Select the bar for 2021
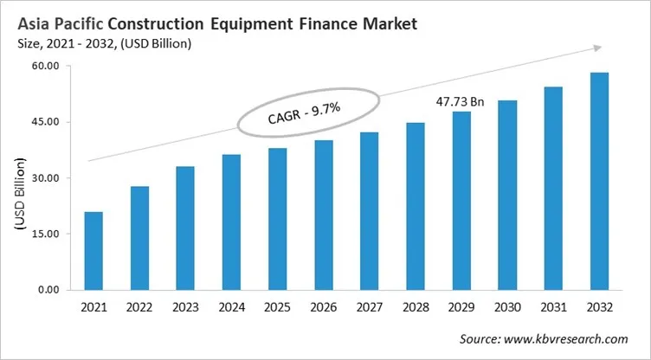[x=93, y=250]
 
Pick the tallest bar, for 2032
[x=599, y=181]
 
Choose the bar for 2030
[x=507, y=195]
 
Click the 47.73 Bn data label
[x=460, y=102]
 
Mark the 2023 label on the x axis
[x=184, y=307]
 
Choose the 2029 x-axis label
[x=461, y=307]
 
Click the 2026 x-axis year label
[x=323, y=307]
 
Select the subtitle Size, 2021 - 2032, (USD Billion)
[x=103, y=42]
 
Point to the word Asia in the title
[x=32, y=23]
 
